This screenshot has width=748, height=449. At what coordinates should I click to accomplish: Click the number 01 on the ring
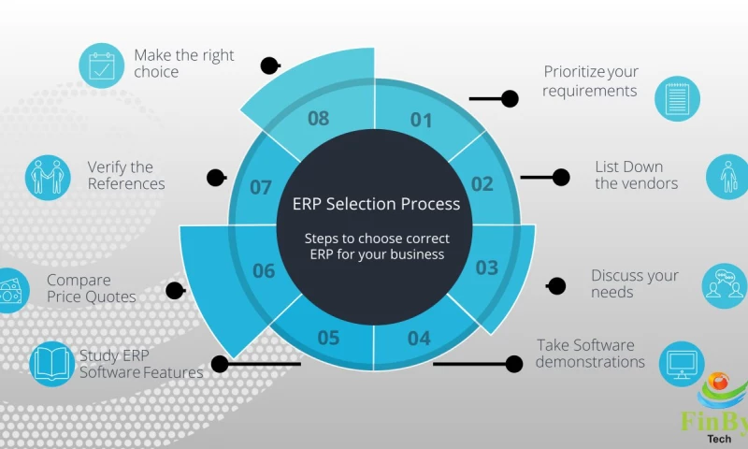[422, 120]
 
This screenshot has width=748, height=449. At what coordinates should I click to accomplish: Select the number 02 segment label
[482, 183]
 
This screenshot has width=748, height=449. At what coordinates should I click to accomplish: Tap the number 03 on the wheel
[486, 268]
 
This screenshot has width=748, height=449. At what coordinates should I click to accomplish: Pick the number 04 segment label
[419, 338]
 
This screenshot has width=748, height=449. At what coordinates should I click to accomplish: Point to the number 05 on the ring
[328, 338]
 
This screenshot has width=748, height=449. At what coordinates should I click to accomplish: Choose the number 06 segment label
[264, 271]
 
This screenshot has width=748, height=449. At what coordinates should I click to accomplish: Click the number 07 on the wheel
[261, 187]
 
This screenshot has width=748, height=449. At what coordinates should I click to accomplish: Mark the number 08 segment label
[318, 119]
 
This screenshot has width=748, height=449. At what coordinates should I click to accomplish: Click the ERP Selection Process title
[376, 204]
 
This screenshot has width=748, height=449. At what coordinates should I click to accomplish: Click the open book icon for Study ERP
[52, 364]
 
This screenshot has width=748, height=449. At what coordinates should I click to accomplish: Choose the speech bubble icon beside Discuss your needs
[725, 285]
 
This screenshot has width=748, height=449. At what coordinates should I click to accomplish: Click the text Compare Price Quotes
[92, 288]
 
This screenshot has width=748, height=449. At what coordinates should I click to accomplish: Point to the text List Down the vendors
[636, 175]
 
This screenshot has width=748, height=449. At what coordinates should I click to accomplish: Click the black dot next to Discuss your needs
[556, 286]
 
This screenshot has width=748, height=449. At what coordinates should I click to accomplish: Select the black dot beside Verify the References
[216, 177]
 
